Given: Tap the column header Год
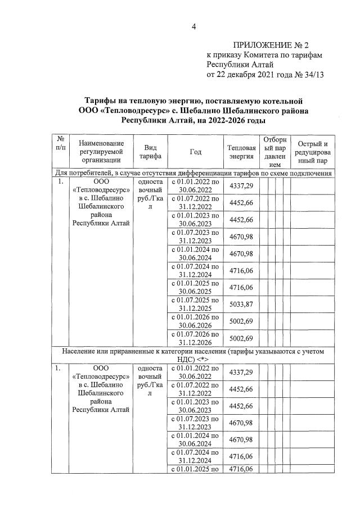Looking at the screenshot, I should click(195, 151).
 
